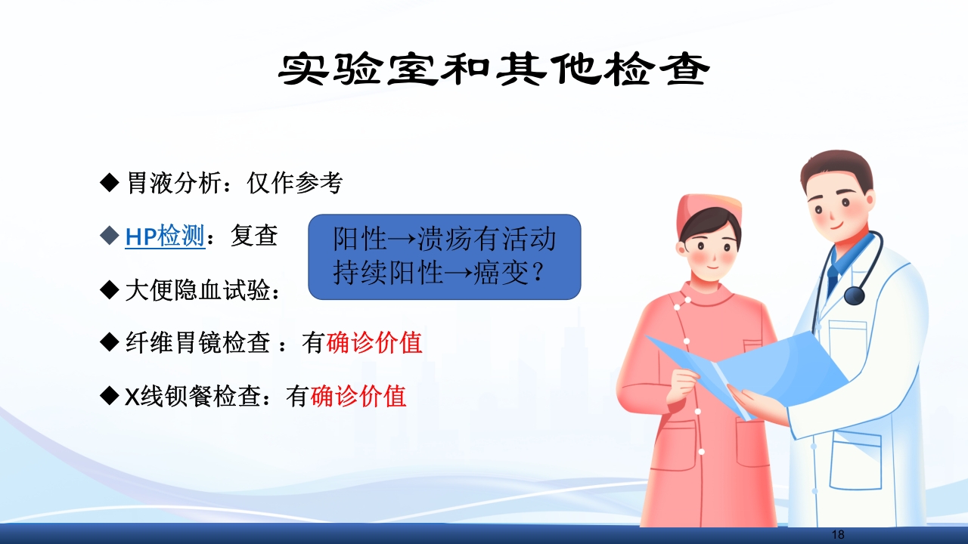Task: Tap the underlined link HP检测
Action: click(165, 236)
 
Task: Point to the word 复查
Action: click(254, 236)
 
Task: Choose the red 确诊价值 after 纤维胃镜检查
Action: click(374, 343)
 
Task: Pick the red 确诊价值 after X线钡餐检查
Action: click(358, 396)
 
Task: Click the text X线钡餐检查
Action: click(192, 396)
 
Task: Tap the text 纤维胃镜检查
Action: click(197, 343)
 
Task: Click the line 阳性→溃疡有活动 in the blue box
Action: click(445, 240)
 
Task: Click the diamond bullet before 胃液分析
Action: click(110, 183)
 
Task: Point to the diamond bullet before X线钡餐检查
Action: click(110, 396)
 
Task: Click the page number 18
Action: click(837, 534)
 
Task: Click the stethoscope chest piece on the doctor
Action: click(855, 294)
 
